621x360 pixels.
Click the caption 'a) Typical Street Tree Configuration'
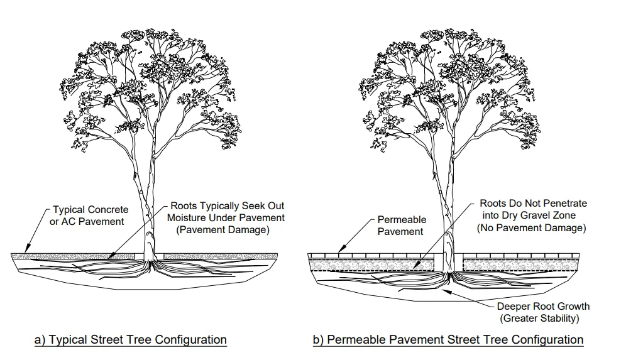coord(130,340)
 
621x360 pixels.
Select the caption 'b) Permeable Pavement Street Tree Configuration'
coord(448,340)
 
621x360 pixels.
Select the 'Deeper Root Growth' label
coord(543,307)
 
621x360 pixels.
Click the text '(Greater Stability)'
coord(539,319)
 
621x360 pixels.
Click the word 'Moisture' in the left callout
coord(187,217)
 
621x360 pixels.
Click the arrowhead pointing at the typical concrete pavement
coord(25,250)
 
